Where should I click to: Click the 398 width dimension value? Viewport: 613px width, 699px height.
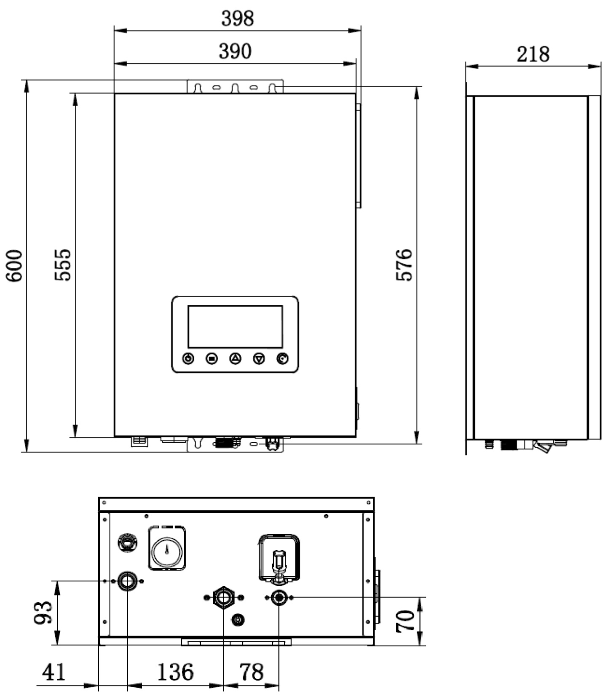[x=238, y=19]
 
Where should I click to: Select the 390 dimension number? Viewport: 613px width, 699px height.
[x=235, y=51]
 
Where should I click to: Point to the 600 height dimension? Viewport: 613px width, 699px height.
[x=14, y=265]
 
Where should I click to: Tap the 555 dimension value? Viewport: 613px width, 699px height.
[x=63, y=265]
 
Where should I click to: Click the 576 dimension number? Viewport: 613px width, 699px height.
[x=404, y=265]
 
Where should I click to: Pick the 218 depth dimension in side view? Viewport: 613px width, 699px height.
[x=533, y=54]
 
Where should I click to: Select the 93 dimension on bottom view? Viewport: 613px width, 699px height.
[x=43, y=612]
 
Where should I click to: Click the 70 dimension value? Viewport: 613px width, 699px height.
[x=405, y=621]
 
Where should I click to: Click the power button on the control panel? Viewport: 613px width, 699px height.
[x=188, y=359]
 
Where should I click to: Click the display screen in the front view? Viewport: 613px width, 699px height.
[x=235, y=327]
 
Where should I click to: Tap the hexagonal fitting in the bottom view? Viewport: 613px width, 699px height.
[x=223, y=597]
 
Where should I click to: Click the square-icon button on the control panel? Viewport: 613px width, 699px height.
[x=211, y=359]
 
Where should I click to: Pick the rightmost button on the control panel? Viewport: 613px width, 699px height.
[x=283, y=359]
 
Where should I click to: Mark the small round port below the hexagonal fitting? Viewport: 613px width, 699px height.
[x=238, y=619]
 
